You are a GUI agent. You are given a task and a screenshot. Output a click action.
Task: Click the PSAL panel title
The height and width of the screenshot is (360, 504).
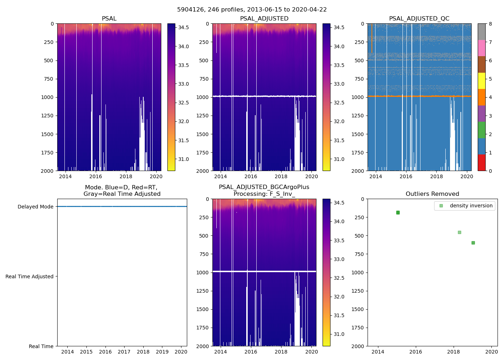pos(109,19)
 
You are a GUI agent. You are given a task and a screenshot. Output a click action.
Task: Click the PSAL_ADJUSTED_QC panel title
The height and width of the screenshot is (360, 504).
pos(419,19)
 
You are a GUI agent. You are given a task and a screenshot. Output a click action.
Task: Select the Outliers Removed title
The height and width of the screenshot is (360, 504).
pos(432,194)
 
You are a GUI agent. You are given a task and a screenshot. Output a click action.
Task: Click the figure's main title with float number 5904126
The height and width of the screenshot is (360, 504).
pos(252,10)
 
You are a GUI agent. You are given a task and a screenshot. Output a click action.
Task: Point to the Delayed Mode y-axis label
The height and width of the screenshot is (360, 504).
pos(35,207)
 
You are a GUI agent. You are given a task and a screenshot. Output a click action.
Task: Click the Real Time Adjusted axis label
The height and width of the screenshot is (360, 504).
pos(29,276)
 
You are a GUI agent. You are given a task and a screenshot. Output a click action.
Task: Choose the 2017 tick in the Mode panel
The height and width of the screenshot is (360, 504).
pos(124,352)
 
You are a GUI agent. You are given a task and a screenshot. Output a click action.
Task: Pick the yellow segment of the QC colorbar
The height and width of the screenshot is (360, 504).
pos(482,81)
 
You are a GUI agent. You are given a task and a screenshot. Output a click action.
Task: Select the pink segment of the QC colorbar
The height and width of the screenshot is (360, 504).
pos(482,48)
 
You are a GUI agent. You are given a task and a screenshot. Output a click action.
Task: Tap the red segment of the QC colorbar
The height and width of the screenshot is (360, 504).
pos(482,162)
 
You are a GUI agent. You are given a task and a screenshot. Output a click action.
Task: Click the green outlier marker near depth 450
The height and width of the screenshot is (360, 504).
pos(459,232)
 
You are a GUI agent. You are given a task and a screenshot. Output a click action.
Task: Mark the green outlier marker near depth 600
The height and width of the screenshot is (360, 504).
pos(473,243)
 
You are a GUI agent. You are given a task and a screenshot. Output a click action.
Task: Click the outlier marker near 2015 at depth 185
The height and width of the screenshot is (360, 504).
pos(398,212)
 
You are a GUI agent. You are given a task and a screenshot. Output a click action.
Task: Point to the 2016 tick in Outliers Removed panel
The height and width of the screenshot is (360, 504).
pos(416,352)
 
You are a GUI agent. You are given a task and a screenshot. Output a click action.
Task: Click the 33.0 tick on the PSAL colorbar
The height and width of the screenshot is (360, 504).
pos(184,84)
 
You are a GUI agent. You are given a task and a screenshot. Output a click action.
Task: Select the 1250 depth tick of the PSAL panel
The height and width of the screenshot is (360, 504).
pos(47,116)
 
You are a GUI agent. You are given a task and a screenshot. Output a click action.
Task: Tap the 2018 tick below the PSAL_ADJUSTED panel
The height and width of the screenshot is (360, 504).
pos(281,176)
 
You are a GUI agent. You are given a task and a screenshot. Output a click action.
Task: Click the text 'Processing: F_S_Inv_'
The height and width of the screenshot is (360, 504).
pos(264,194)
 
